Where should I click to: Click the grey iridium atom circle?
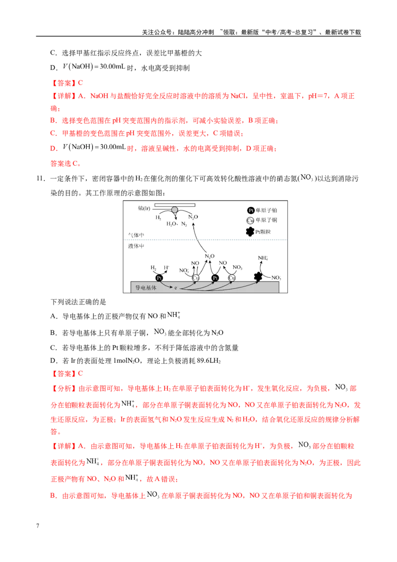click(x=175, y=210)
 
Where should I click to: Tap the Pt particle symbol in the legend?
click(x=250, y=231)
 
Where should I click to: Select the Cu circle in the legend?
click(x=250, y=220)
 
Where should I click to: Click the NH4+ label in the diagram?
click(x=263, y=258)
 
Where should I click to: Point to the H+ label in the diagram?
click(x=167, y=268)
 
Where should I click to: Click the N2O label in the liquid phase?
click(x=209, y=256)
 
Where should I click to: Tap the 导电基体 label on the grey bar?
click(x=146, y=288)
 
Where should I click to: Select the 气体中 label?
click(x=136, y=235)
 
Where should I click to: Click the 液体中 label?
click(x=136, y=246)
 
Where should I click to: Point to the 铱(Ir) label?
click(x=144, y=208)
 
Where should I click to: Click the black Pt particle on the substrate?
click(x=258, y=277)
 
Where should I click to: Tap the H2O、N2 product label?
click(x=177, y=224)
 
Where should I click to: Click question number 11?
click(x=41, y=179)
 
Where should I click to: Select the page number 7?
click(x=38, y=526)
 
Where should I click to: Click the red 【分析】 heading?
click(x=65, y=389)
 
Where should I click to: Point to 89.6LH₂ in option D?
click(x=208, y=361)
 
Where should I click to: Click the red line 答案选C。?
click(x=66, y=163)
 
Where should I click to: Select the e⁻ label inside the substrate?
click(x=176, y=288)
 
